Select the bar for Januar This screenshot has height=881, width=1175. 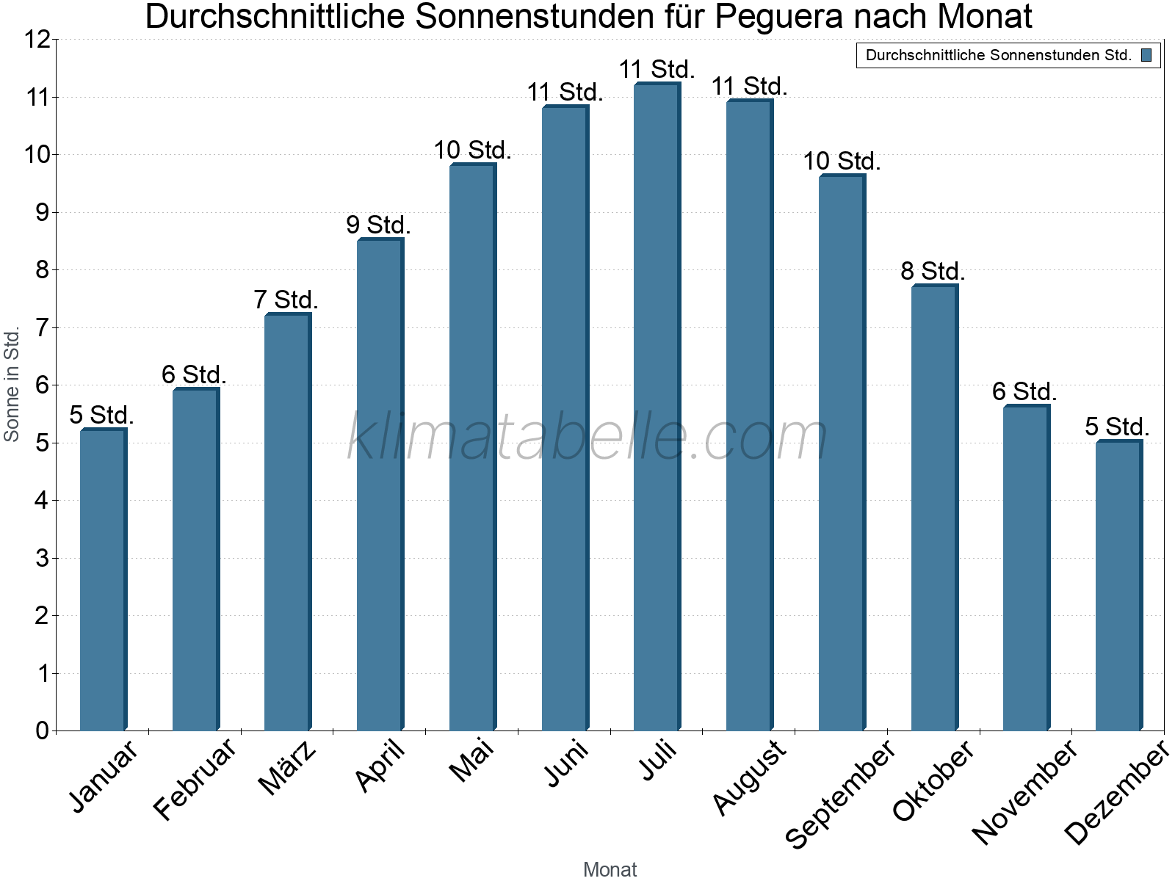[x=103, y=580]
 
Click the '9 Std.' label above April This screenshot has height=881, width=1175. [x=378, y=225]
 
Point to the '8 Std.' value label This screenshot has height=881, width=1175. [x=933, y=271]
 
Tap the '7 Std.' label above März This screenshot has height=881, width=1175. [x=286, y=300]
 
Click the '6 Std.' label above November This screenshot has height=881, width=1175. [x=1024, y=391]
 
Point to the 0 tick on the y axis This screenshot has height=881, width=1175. [x=42, y=730]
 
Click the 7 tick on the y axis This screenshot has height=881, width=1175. [x=42, y=327]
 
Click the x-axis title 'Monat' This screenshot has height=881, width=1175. [x=610, y=869]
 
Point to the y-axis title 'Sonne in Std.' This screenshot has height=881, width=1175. [x=12, y=384]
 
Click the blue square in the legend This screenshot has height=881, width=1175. [x=1146, y=55]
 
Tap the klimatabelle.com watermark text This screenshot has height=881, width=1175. [x=587, y=437]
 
